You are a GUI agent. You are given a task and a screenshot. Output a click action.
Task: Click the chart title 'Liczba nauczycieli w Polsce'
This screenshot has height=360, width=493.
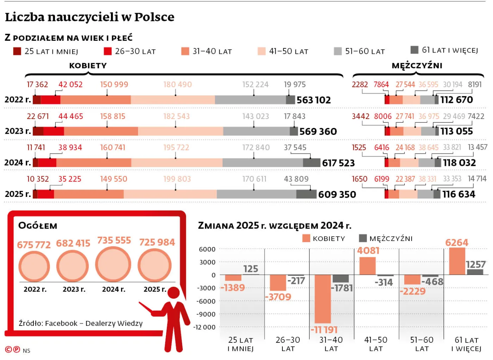89,17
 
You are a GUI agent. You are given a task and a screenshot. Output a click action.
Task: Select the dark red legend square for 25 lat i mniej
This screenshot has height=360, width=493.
17,51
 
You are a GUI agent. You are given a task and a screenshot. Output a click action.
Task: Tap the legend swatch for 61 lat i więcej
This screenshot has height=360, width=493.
414,50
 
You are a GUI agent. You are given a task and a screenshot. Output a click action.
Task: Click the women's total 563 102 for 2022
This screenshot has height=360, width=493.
313,100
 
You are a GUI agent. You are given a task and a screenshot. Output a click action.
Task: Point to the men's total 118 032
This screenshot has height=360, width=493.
459,163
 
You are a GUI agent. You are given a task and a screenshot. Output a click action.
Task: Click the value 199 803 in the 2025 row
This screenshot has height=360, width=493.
177,179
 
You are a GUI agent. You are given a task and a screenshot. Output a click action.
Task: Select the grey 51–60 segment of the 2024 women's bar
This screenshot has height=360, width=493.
262,163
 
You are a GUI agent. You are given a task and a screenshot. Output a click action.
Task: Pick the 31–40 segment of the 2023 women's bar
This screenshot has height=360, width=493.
101,131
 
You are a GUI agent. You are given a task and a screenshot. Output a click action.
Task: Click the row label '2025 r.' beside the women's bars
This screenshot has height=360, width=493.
17,194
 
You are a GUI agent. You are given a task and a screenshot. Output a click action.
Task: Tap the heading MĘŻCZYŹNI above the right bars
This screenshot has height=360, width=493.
417,66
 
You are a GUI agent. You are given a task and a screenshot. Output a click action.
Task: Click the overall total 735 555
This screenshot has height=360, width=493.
114,240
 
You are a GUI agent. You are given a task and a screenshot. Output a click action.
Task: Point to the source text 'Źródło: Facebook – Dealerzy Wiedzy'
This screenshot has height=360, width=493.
81,323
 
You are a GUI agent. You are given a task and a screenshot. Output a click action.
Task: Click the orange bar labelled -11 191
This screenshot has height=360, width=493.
323,299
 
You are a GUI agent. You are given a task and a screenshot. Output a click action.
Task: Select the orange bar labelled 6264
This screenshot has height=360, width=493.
457,261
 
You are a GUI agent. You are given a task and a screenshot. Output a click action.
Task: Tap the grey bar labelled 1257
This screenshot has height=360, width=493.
475,272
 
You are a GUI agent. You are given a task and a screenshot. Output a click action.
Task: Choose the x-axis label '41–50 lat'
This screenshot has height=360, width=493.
376,344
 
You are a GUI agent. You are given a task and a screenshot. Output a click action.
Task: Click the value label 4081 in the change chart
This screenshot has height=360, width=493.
368,250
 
